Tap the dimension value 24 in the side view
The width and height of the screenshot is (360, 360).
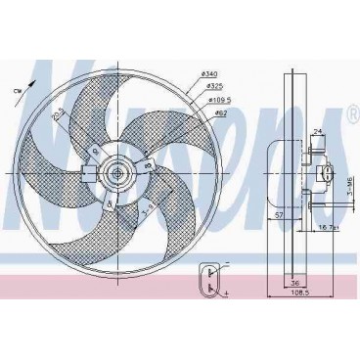tap(318, 129)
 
